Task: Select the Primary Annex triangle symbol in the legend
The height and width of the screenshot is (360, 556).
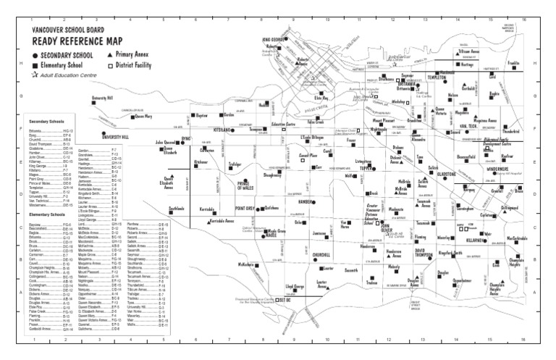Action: pos(109,54)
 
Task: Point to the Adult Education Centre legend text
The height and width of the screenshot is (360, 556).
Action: pos(71,75)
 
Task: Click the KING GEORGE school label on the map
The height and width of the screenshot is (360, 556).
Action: pos(276,40)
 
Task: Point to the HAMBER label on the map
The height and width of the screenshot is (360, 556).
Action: pos(303,202)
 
